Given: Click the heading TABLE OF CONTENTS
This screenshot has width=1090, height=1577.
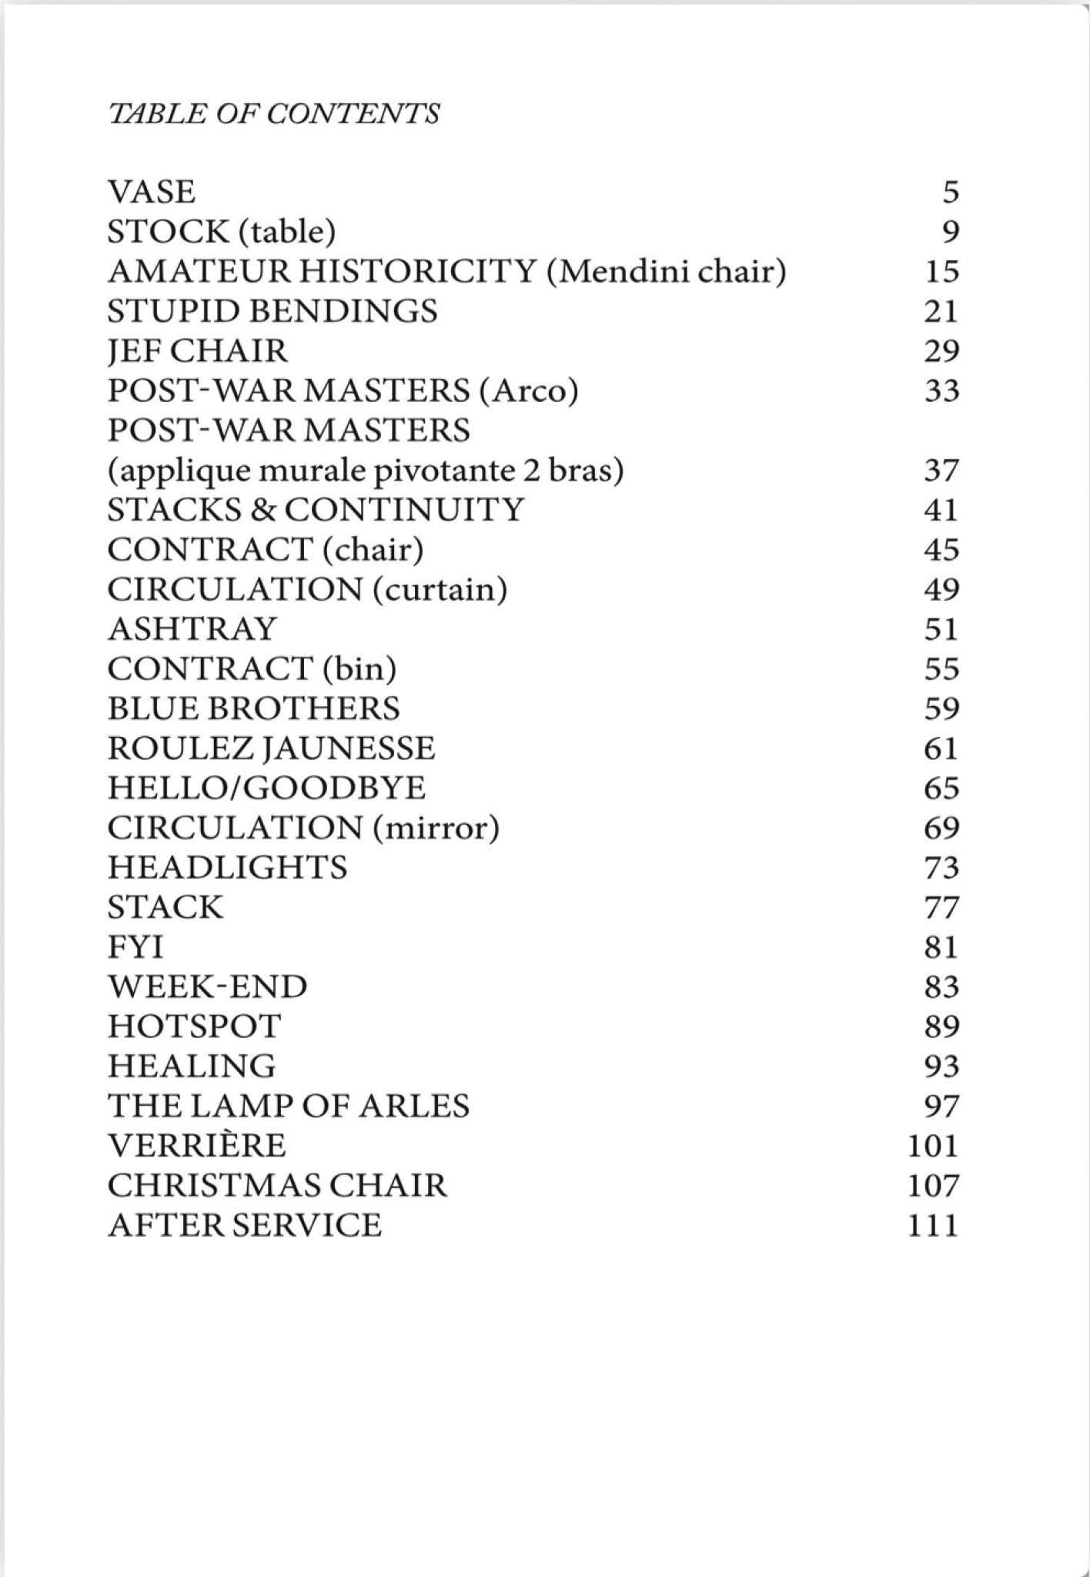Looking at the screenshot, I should click(273, 114).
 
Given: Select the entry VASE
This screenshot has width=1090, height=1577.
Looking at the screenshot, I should click(152, 192).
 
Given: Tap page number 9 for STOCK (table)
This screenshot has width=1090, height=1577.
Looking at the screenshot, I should click(951, 232).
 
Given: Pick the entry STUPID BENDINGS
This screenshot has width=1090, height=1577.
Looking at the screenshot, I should click(272, 311).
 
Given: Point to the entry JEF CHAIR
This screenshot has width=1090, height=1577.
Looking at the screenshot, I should click(198, 351).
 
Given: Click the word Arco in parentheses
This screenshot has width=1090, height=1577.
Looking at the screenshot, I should click(528, 391).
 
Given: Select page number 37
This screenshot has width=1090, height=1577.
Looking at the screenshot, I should click(941, 470).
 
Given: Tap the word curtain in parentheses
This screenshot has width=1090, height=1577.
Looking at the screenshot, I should click(440, 589).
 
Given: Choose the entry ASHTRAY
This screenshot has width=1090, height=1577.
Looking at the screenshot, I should click(192, 629).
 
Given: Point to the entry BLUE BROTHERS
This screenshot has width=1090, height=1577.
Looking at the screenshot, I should click(253, 708).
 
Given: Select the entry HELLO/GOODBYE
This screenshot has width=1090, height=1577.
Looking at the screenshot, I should click(266, 788).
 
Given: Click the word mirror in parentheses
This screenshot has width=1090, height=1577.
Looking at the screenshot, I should click(436, 828).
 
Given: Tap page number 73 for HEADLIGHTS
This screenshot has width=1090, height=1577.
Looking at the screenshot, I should click(941, 868).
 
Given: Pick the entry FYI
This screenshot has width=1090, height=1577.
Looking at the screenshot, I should click(135, 947).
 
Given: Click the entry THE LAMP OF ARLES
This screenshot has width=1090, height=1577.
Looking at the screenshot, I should click(288, 1106).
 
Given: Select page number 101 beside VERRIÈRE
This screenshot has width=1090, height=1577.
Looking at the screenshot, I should click(933, 1146).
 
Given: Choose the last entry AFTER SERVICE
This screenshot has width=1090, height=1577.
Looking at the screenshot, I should click(244, 1225).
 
